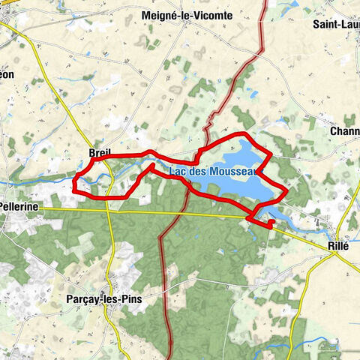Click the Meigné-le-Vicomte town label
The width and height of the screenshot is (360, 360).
[187, 15]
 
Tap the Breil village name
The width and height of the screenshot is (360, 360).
[100, 153]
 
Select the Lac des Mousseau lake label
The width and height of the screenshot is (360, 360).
[213, 171]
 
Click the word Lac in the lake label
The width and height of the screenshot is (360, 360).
[177, 171]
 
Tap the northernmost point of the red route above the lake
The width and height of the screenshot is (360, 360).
[241, 133]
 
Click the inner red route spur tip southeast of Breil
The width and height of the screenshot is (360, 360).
[153, 163]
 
